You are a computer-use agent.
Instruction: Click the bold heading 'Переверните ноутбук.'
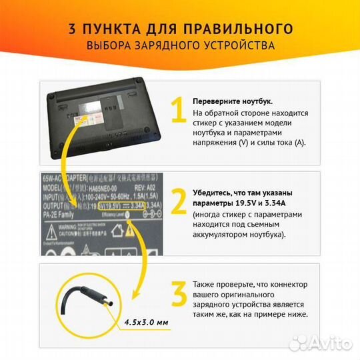(232, 101)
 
